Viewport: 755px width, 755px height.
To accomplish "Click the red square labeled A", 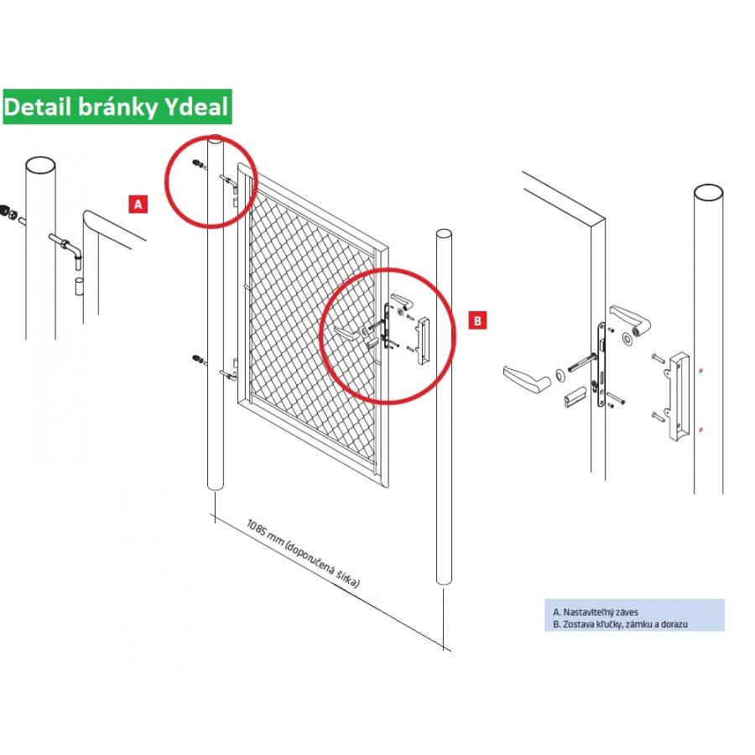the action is (x=138, y=204).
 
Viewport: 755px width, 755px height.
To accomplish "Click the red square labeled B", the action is (x=477, y=320).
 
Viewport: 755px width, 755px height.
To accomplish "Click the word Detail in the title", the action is (x=38, y=107).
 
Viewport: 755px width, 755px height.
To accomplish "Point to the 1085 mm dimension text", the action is (x=303, y=554).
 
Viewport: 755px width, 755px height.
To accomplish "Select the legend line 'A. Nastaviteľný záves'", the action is (x=595, y=612).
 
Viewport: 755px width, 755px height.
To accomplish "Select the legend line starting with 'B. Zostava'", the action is (x=620, y=624).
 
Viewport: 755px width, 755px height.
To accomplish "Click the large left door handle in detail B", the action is (x=527, y=377).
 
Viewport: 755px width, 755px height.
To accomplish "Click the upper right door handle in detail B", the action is (x=630, y=318).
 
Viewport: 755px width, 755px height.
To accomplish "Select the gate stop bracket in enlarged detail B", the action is (x=678, y=395).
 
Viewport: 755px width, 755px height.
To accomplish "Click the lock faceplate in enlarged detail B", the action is (x=601, y=365).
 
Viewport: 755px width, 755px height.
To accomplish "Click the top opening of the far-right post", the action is (x=708, y=193).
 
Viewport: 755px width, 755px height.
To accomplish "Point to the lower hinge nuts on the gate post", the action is (x=197, y=359).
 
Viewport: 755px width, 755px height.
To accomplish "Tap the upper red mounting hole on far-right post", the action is (x=700, y=370).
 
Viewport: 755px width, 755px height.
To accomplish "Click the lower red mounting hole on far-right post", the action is (x=700, y=430).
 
